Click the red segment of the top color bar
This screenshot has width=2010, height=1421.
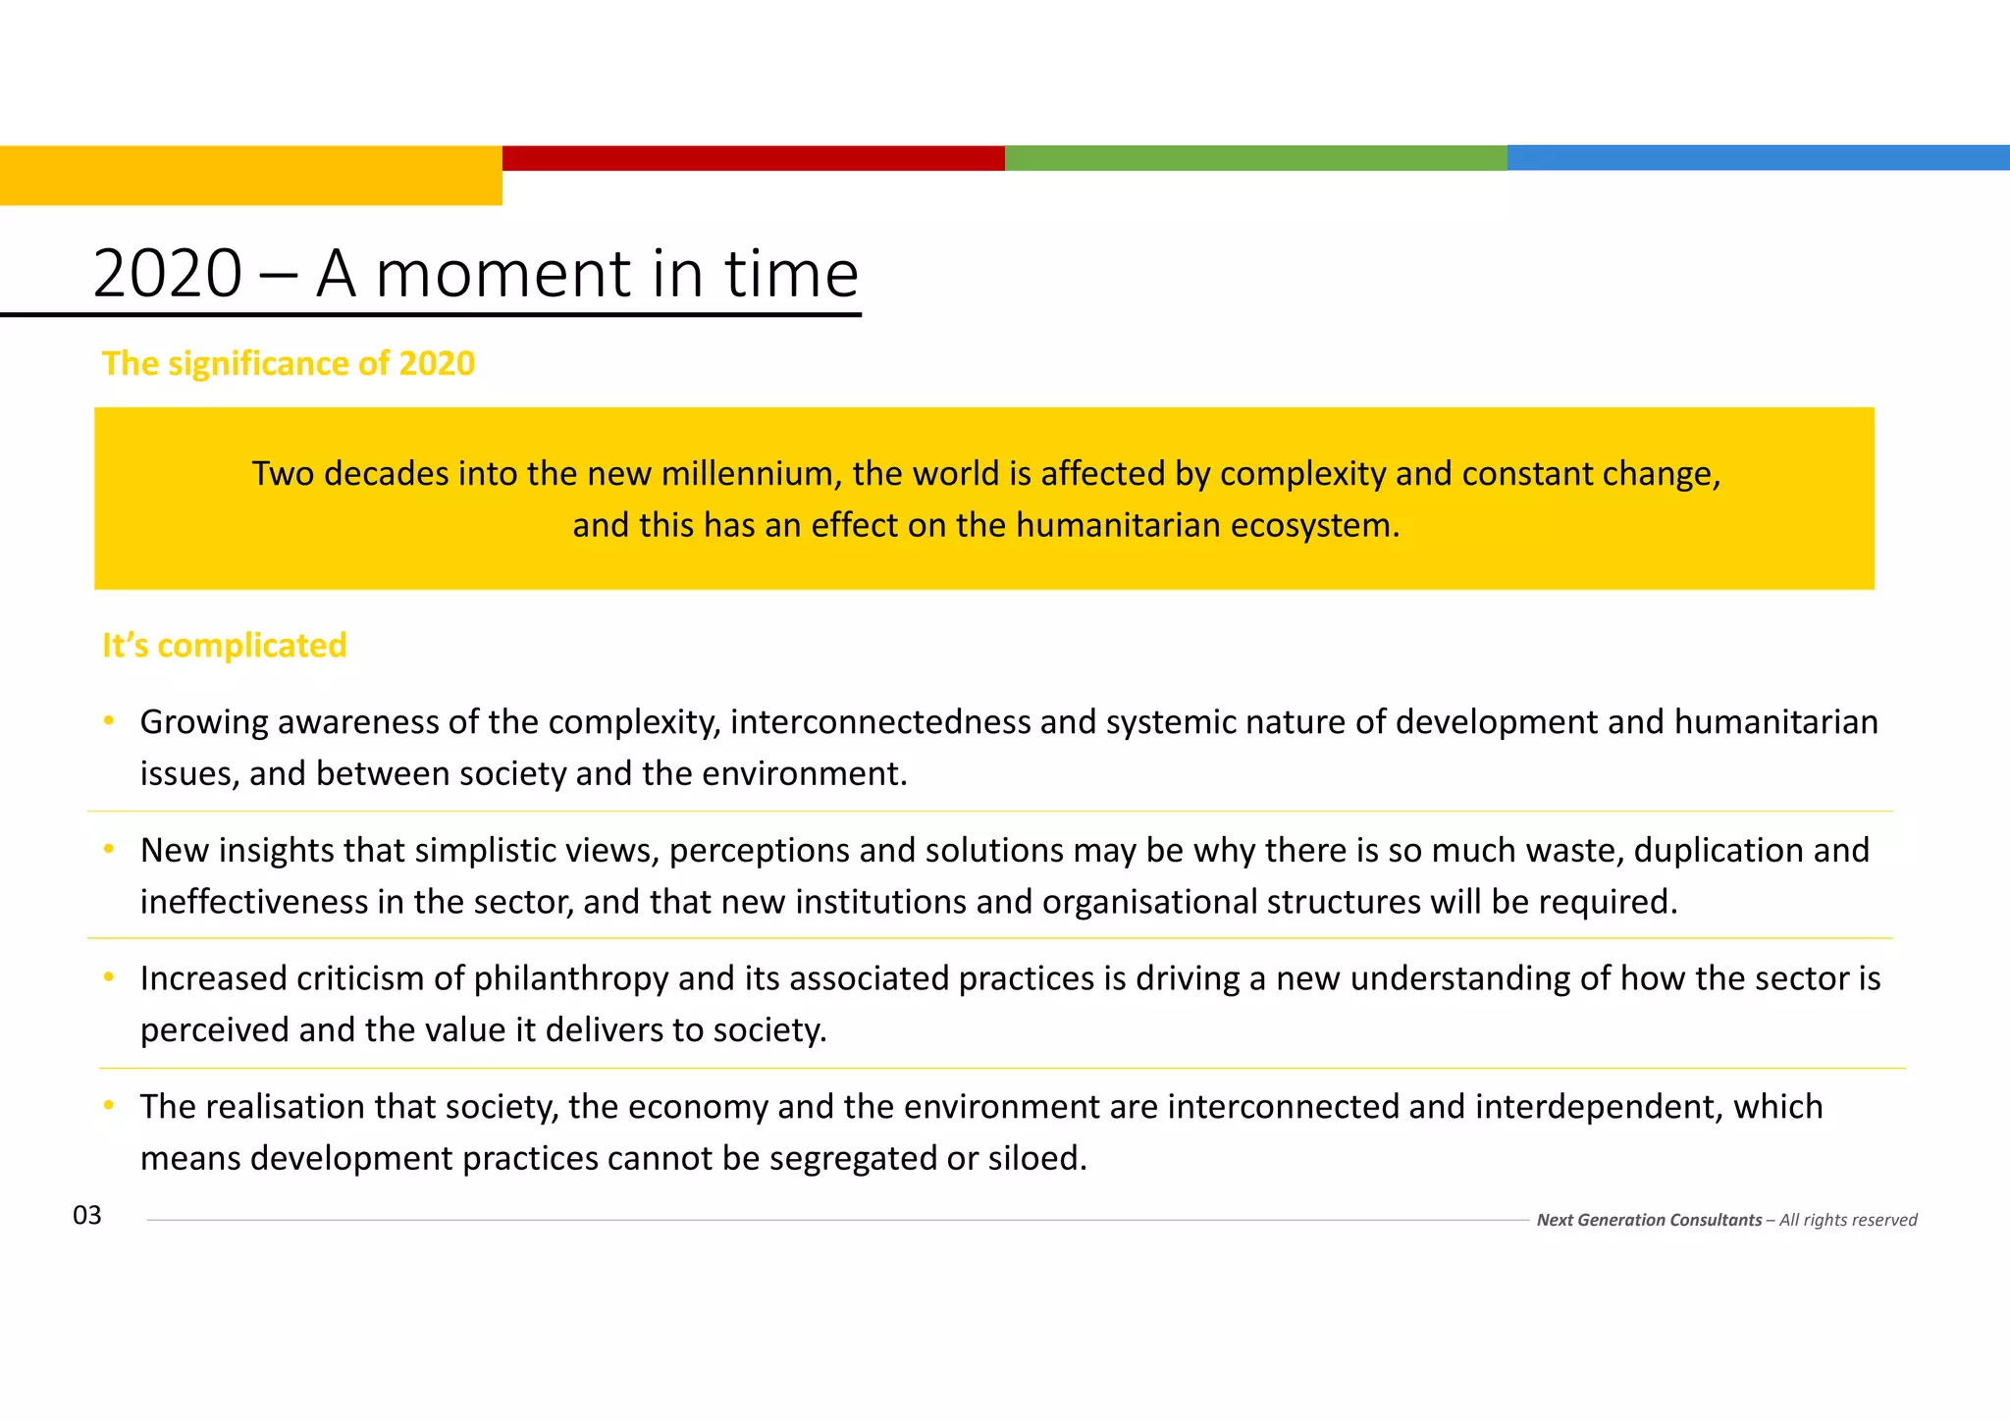coord(754,158)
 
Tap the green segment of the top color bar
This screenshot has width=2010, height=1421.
coord(1256,158)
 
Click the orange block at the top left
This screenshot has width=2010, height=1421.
coord(251,176)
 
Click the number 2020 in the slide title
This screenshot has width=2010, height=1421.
coord(168,274)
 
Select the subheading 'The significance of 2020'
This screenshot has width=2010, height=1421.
coord(289,364)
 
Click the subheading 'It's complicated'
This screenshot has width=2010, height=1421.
coord(225,646)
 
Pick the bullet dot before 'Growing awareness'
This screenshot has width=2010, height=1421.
coord(109,721)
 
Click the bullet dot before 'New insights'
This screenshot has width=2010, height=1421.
coord(109,849)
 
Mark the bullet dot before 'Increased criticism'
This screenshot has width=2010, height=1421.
coord(109,977)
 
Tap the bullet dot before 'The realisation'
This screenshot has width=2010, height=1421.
coord(109,1106)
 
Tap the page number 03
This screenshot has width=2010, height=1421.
coord(87,1216)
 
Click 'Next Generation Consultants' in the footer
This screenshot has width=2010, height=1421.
coord(1649,1220)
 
